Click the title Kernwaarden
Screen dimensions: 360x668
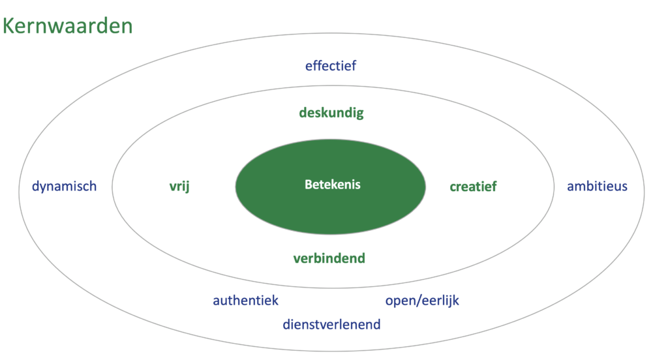click(68, 25)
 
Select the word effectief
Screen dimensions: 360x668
click(331, 65)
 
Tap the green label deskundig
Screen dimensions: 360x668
click(331, 113)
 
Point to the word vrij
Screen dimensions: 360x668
click(179, 187)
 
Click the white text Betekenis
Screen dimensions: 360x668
click(332, 185)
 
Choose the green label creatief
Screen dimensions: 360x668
click(473, 187)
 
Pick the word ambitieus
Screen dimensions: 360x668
click(597, 187)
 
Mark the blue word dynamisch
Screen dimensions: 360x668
click(64, 187)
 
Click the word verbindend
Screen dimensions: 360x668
click(329, 258)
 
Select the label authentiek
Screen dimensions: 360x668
click(245, 301)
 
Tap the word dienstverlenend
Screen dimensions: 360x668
click(331, 324)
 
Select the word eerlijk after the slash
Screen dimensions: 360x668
click(438, 301)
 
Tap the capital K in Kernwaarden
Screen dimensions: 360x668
click(9, 25)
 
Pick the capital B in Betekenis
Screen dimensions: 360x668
click(309, 185)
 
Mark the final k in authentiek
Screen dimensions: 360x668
click(275, 301)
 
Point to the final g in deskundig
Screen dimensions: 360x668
click(359, 114)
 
